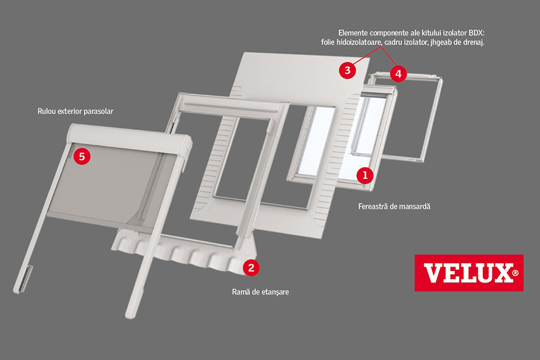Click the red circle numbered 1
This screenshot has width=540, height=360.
[365, 173]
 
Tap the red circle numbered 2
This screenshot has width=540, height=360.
[251, 267]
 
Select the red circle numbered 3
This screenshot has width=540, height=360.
[347, 70]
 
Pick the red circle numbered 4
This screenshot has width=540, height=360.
[398, 74]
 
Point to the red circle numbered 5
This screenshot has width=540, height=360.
[81, 156]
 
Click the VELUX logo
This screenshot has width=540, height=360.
[469, 273]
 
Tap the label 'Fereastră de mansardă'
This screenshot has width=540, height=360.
[389, 207]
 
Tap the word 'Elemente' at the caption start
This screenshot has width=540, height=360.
[354, 31]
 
